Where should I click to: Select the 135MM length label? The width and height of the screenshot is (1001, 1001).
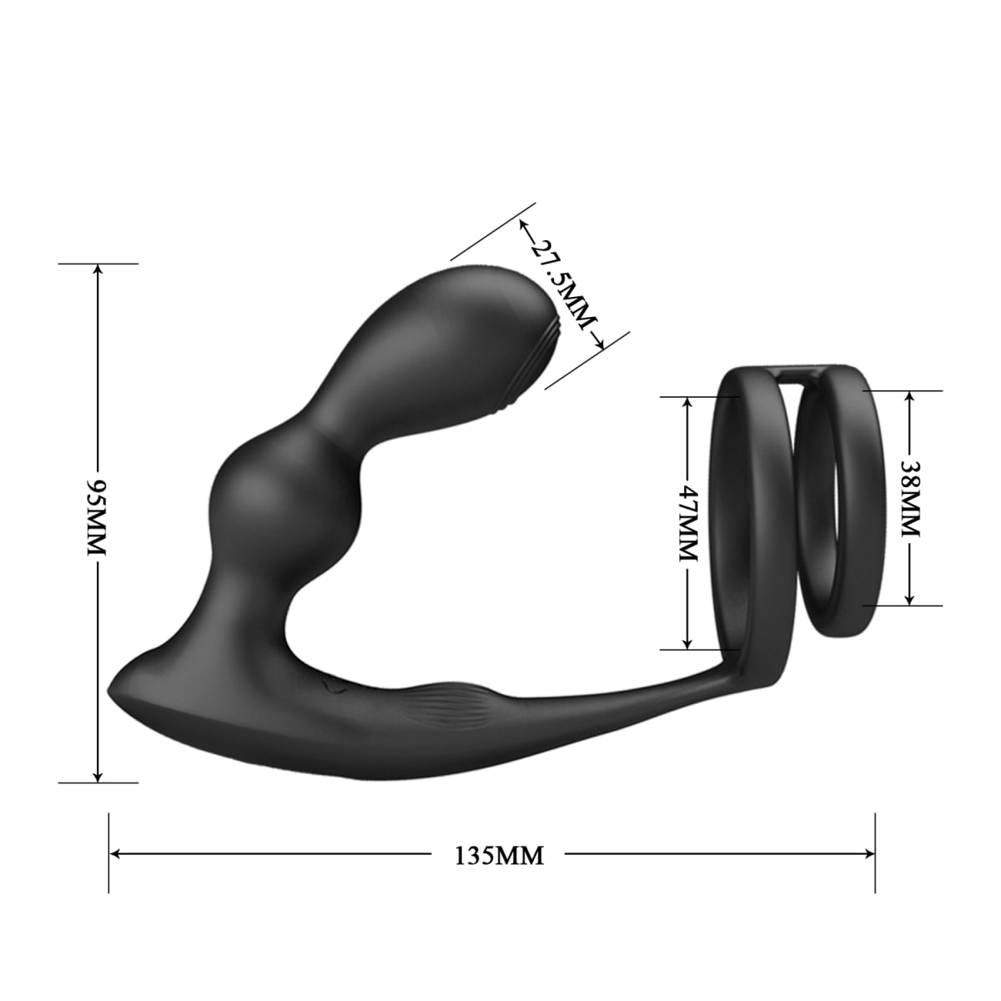pyautogui.click(x=499, y=856)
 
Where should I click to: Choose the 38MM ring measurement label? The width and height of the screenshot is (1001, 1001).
pyautogui.click(x=910, y=498)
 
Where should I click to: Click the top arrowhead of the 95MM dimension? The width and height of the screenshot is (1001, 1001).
pyautogui.click(x=98, y=269)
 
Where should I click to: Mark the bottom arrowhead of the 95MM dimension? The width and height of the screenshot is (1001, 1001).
pyautogui.click(x=98, y=777)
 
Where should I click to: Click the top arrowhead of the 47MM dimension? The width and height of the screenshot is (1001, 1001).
pyautogui.click(x=687, y=401)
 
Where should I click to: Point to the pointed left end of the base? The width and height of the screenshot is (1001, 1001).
pyautogui.click(x=112, y=692)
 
